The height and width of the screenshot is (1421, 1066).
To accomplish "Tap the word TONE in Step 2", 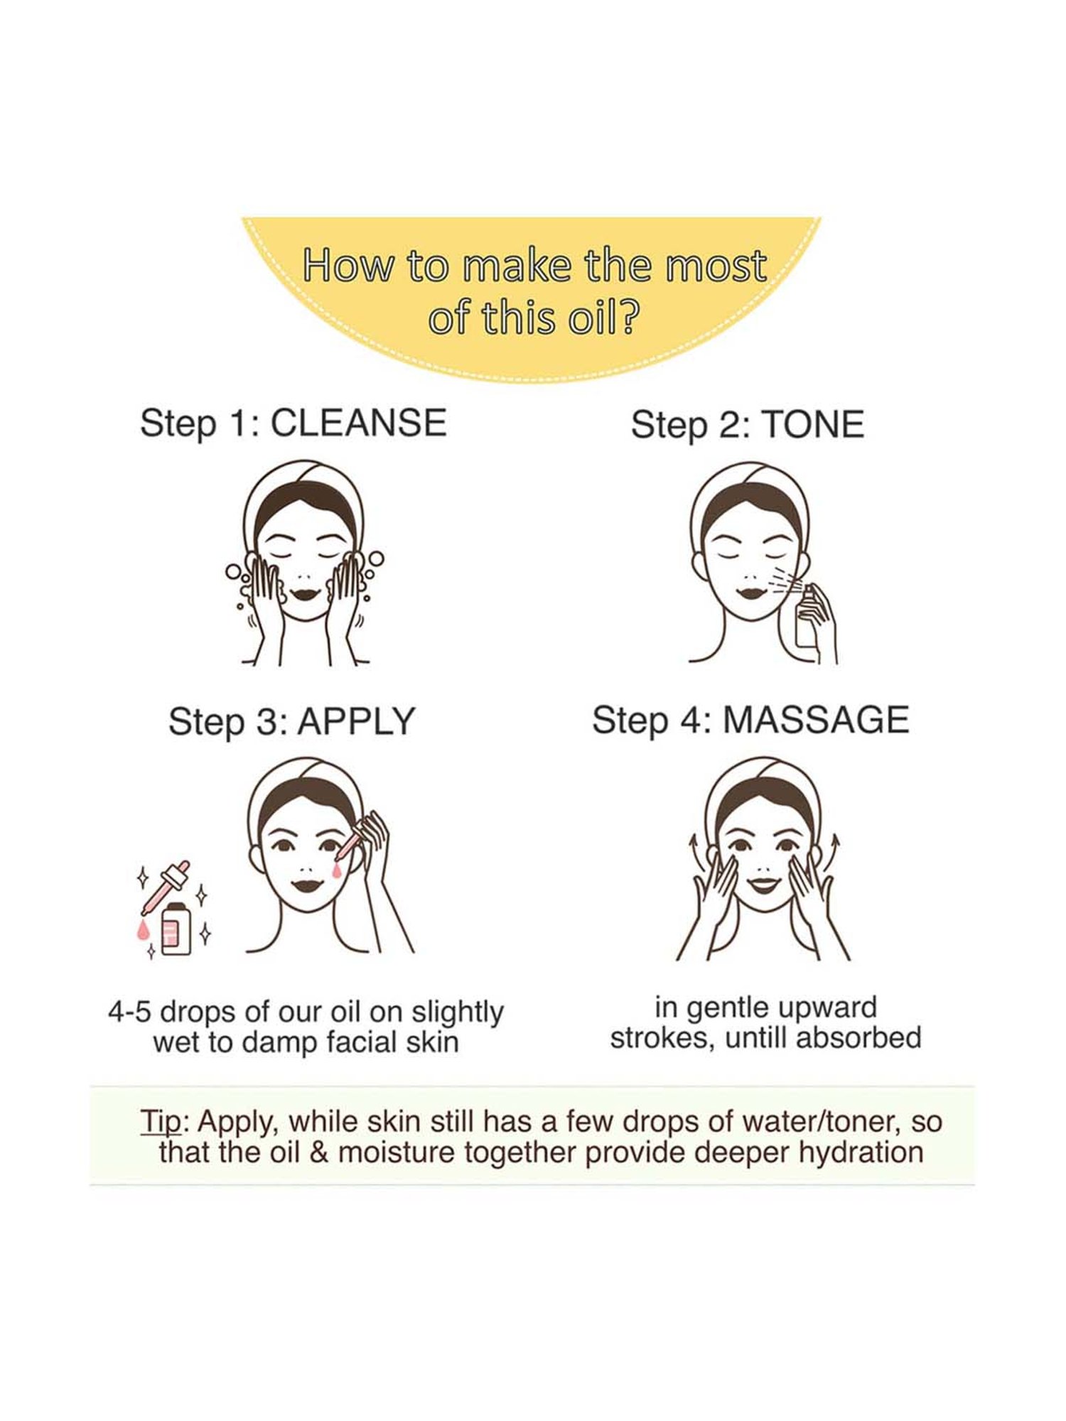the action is coord(813,424).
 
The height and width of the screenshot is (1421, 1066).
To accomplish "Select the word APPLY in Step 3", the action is coord(356,721).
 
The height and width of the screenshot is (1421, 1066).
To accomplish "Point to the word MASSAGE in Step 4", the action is coord(816,719).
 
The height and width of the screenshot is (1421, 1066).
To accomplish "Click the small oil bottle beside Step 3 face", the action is coord(176,929).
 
